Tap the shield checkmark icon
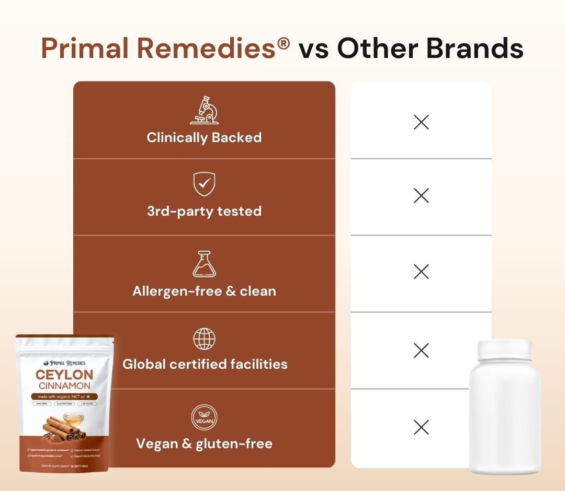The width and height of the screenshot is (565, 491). (204, 184)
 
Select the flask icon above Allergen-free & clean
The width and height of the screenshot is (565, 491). (204, 264)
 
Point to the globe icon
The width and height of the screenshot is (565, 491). (204, 340)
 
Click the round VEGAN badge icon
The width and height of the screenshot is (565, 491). (204, 418)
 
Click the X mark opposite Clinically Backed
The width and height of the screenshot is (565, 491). (421, 123)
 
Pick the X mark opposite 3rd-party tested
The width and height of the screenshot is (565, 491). (421, 196)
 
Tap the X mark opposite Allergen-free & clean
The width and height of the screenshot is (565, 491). (421, 272)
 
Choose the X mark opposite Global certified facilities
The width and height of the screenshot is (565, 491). (421, 350)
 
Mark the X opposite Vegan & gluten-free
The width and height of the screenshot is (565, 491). (421, 427)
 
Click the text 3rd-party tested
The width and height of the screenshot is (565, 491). (204, 212)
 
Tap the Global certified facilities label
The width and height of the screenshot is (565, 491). (205, 364)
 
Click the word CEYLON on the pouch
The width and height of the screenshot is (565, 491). (64, 375)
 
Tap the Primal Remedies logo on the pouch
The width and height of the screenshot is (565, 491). (64, 363)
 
